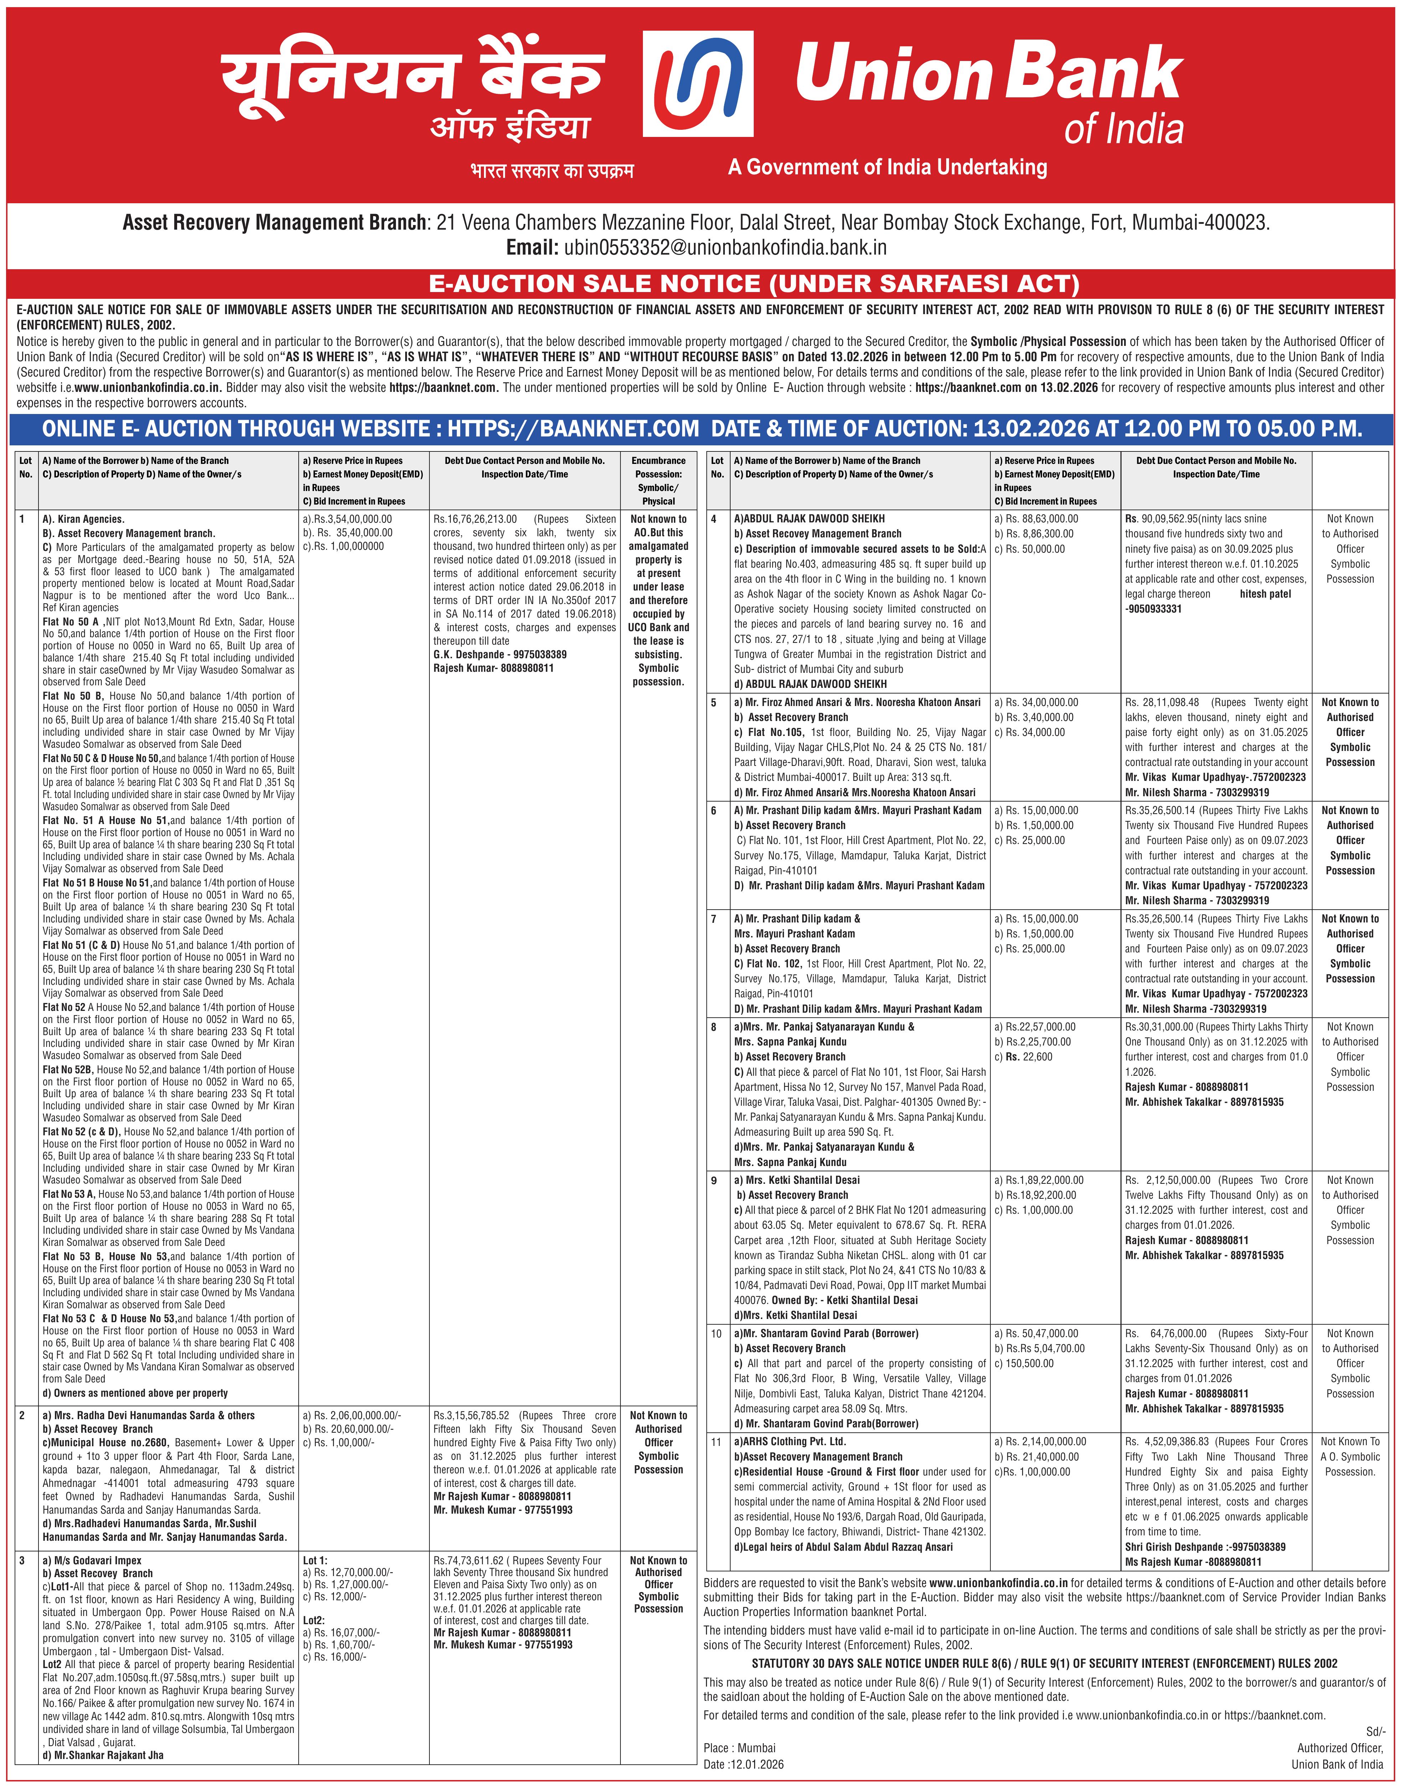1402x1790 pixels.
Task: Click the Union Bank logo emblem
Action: [x=709, y=84]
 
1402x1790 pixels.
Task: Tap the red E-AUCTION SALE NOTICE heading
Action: [x=753, y=284]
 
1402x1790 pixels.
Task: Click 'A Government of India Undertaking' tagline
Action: [x=887, y=168]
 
